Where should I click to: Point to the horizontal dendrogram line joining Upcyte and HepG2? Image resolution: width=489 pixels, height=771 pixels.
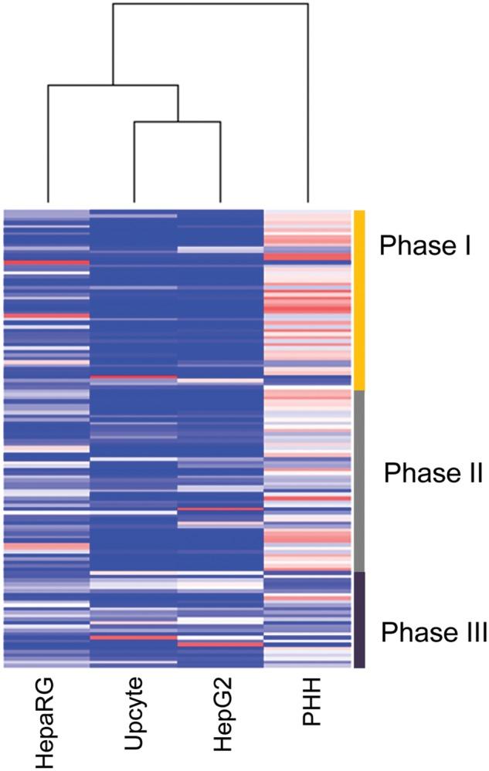[178, 122]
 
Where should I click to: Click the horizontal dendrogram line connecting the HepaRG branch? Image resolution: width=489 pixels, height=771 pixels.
[113, 85]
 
